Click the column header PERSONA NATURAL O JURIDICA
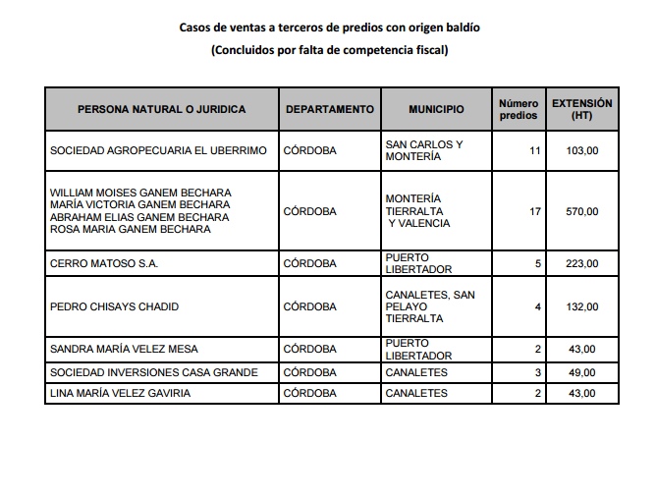(162, 110)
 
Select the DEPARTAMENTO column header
(330, 110)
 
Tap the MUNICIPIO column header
(436, 110)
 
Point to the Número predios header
(519, 109)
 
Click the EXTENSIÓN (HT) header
(581, 109)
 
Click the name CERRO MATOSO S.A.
(103, 263)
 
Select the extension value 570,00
(582, 211)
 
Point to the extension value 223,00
(582, 263)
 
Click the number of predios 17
(535, 211)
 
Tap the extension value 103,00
(582, 151)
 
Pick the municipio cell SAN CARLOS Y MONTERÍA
(423, 150)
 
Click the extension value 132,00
(582, 306)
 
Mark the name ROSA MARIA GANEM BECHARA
(130, 230)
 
